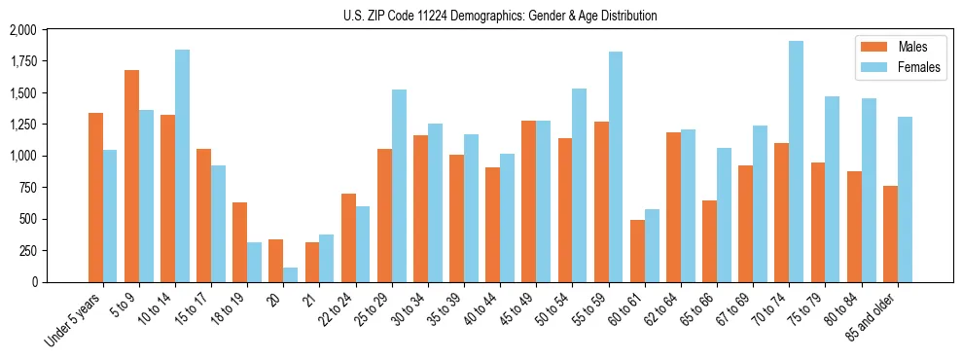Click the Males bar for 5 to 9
[131, 176]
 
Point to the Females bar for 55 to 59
[615, 166]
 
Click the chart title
[500, 16]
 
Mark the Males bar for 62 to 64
[673, 207]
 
